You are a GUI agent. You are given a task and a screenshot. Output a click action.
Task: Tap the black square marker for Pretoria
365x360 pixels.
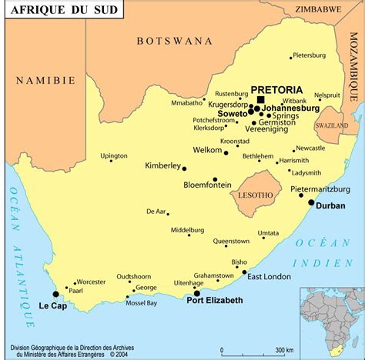[x=260, y=100]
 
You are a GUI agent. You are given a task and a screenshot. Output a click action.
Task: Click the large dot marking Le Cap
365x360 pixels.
[x=55, y=294]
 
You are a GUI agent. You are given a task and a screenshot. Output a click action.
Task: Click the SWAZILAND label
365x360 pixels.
[x=332, y=125]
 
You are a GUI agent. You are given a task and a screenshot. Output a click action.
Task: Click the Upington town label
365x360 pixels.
[x=114, y=155]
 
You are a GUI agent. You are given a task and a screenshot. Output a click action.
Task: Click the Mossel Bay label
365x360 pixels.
[x=141, y=303]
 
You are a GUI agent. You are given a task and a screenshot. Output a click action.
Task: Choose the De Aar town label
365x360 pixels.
[x=156, y=211]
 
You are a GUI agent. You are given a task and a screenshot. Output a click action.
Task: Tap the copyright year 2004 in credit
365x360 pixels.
[x=119, y=355]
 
